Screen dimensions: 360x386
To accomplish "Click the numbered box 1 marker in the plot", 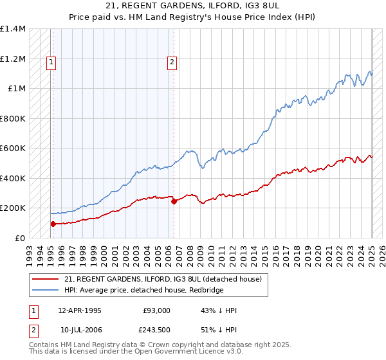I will click(x=51, y=62).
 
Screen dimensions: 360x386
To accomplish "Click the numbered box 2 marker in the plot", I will click(x=172, y=62).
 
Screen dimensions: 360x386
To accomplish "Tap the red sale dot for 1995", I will click(x=53, y=224).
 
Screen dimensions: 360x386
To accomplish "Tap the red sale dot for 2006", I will click(x=174, y=201).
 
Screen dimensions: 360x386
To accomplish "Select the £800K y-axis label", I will click(x=13, y=118).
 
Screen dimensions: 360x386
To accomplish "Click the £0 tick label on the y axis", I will click(x=20, y=238).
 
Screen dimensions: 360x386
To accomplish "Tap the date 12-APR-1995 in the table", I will click(x=80, y=310).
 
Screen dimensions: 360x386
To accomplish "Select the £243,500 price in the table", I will click(x=156, y=330).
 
